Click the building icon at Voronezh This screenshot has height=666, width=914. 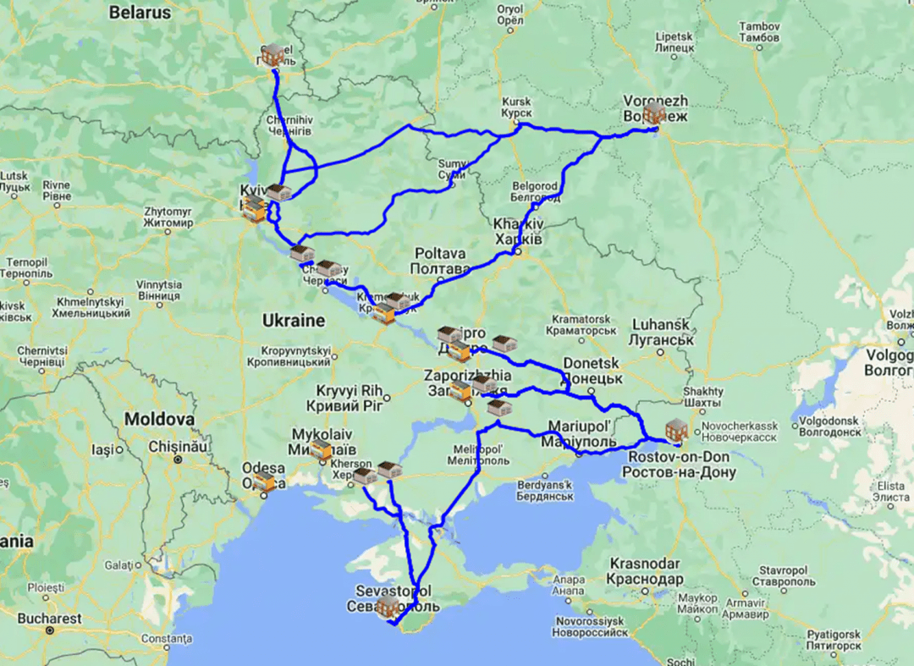click(653, 113)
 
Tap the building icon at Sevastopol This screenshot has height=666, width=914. click(388, 606)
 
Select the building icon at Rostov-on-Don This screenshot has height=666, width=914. click(676, 429)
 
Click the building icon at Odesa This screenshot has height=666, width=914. click(265, 482)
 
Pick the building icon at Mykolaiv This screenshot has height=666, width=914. click(321, 450)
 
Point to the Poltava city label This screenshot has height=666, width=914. click(440, 261)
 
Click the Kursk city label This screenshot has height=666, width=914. click(516, 107)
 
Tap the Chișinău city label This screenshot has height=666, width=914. click(174, 444)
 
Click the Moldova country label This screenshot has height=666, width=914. click(159, 419)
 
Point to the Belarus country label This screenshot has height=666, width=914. click(140, 13)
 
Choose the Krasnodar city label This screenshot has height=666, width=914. click(646, 571)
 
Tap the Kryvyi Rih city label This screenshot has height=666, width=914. click(350, 397)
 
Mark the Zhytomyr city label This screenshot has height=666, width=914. click(168, 217)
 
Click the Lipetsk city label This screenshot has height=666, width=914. click(674, 43)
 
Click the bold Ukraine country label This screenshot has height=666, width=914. click(293, 321)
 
